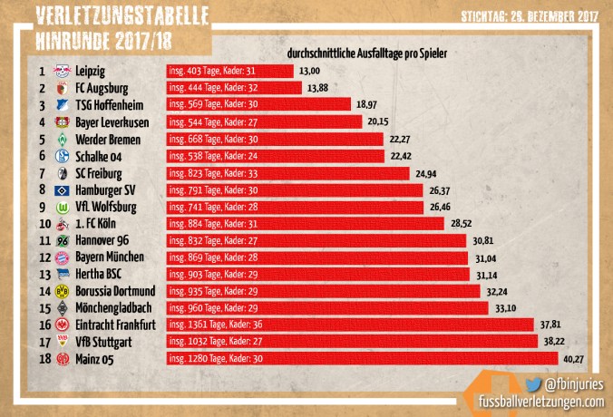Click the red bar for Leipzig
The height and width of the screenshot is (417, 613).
(229, 71)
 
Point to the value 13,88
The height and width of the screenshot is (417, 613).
(319, 88)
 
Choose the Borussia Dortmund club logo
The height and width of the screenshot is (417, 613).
(63, 292)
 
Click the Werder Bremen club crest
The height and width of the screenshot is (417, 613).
(63, 140)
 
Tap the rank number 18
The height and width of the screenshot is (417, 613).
(42, 360)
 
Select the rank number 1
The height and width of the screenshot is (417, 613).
(42, 71)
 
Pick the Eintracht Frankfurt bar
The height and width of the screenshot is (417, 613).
(350, 325)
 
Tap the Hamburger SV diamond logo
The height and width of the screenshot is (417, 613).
(63, 190)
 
